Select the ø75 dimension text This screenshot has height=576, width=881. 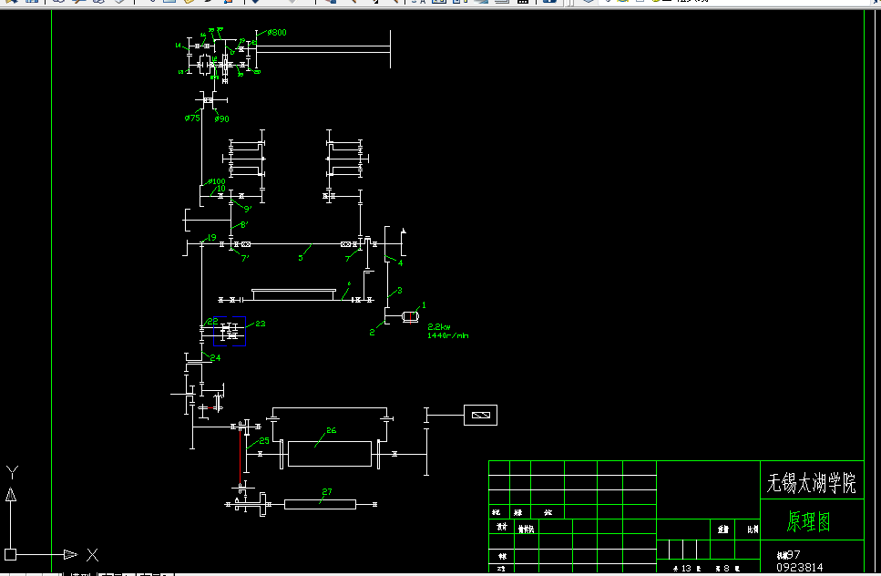[x=192, y=118]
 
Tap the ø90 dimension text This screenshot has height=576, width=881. [x=222, y=118]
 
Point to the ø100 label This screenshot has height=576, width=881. [x=217, y=181]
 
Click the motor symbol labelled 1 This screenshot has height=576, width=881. [x=410, y=316]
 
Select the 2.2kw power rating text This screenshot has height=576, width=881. [x=439, y=326]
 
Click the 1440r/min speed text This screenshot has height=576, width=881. [x=447, y=335]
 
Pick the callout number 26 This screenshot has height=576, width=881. [x=331, y=431]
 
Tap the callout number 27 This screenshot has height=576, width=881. [x=326, y=492]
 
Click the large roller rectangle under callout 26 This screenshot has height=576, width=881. [x=330, y=453]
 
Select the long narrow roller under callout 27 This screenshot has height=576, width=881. [x=319, y=504]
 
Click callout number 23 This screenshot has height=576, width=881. [x=261, y=324]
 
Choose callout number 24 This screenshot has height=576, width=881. [x=215, y=358]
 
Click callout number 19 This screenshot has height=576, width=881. [x=211, y=238]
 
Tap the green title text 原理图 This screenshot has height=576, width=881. [x=809, y=522]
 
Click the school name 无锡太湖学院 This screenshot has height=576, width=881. [x=812, y=483]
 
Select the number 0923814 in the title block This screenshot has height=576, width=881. [x=799, y=567]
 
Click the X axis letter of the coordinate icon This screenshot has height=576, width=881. [x=92, y=554]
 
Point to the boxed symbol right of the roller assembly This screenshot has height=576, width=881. [x=480, y=416]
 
